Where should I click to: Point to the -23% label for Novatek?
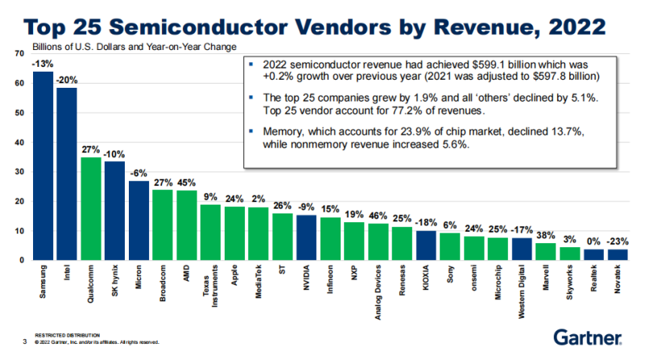(x=617, y=241)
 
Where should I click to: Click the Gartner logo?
(x=587, y=337)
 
